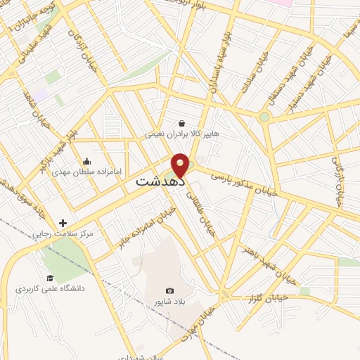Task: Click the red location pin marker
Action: tap(180, 165)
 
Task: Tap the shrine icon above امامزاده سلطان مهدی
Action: tap(86, 161)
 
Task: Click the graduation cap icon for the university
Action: tap(49, 278)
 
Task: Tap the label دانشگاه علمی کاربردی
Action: tap(49, 289)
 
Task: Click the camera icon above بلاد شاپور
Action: tap(169, 290)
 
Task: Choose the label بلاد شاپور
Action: tap(169, 301)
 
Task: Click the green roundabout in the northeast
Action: tap(264, 117)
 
